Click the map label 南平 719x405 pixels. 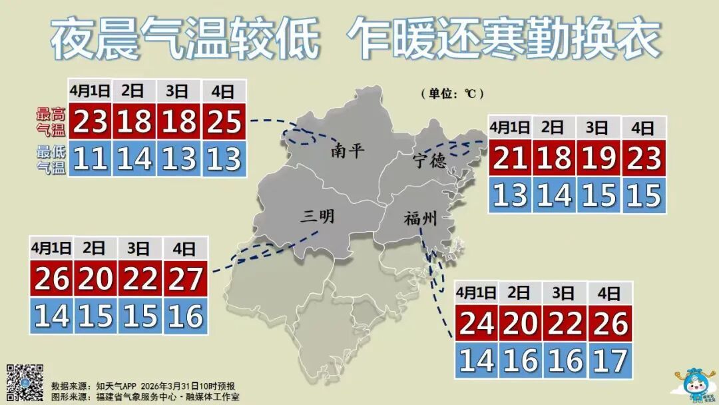348,151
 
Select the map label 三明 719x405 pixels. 318,215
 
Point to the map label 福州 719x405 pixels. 419,218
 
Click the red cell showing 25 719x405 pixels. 224,121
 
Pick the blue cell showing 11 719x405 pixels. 91,159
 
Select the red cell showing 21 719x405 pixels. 510,159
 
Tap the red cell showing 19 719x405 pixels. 599,159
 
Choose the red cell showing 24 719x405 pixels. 477,323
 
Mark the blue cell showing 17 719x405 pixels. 609,360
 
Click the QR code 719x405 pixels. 25,382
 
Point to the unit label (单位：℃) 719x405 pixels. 451,93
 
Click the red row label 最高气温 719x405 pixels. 51,121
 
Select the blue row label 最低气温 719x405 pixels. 51,160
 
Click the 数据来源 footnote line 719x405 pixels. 143,386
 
